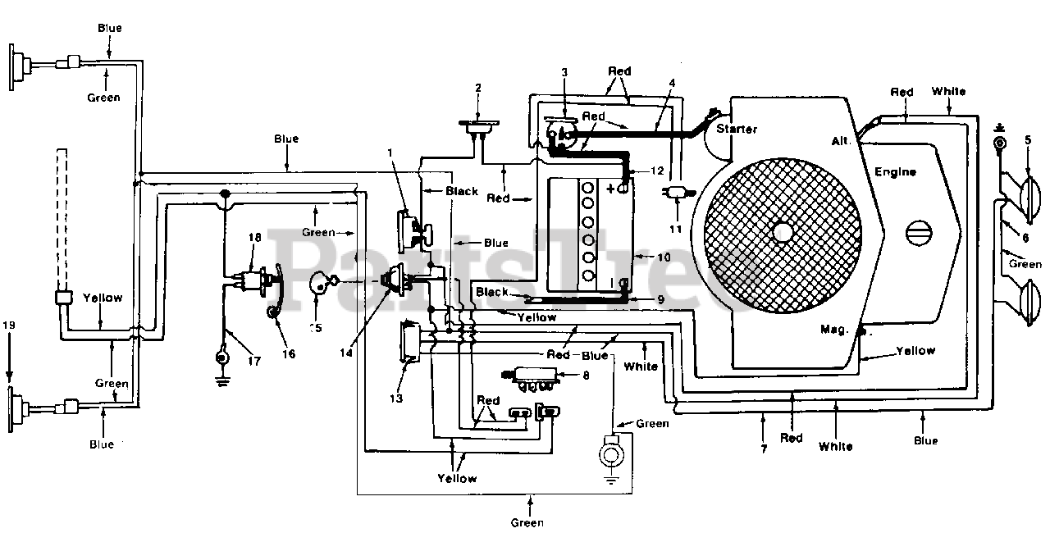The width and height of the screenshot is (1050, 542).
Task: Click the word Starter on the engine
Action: tap(737, 129)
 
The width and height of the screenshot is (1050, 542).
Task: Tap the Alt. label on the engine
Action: tap(841, 141)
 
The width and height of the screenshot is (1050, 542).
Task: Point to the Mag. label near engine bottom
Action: tap(834, 330)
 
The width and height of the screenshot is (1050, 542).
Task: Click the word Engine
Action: tap(895, 172)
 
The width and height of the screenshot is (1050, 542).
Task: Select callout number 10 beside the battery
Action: tap(664, 257)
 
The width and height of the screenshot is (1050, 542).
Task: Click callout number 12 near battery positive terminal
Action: tap(658, 171)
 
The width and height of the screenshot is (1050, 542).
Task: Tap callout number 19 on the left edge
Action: tap(9, 325)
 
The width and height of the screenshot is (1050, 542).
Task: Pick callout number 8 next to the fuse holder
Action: tap(586, 376)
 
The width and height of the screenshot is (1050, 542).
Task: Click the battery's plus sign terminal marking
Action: tap(611, 189)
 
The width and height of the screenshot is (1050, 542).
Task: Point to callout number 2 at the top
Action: tap(478, 88)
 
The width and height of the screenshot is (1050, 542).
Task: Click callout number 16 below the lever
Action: tap(289, 354)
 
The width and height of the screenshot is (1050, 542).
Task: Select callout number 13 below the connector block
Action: tap(396, 399)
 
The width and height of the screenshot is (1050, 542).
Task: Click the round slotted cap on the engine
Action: tap(920, 233)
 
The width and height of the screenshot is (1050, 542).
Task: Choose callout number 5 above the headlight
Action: tap(1028, 139)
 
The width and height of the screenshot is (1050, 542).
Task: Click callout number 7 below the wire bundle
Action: tap(764, 449)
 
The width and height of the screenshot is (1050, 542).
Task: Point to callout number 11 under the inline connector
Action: tap(675, 229)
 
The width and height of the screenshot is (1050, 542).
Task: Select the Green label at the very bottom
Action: tap(527, 523)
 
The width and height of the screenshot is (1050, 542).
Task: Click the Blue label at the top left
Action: tap(110, 28)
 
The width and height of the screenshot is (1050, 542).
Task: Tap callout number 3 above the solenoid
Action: tap(564, 72)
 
